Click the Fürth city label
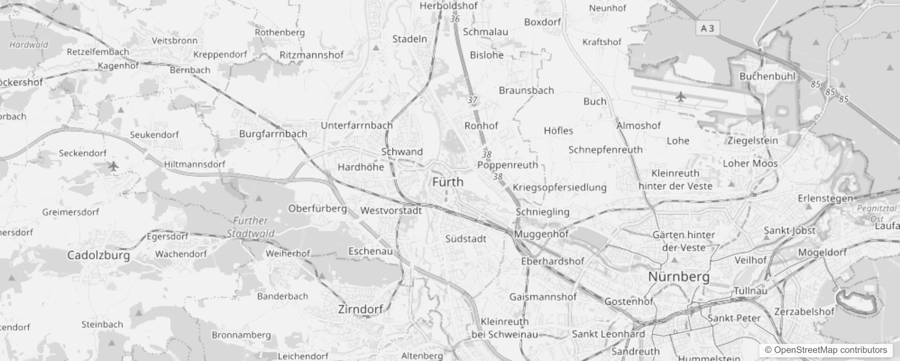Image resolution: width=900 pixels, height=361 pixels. pos(448,182)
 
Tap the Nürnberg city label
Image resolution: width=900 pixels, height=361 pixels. pos(679,277)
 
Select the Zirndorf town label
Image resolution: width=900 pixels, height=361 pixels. pos(360,309)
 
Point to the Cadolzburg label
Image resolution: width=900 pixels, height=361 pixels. pos(98,255)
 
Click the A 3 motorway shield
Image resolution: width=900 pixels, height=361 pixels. pos(707,28)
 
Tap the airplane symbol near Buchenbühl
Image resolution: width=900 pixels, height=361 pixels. pos(680,97)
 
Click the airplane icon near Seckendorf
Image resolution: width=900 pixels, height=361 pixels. pos(114,166)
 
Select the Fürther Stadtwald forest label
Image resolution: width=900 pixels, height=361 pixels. pos(251,227)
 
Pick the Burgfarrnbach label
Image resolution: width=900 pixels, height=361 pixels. pos(273,134)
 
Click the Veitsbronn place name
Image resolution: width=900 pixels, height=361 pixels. pos(174,41)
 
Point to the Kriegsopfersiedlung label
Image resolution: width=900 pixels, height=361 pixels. pos(560,187)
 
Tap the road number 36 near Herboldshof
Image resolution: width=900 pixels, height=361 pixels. pos(455,19)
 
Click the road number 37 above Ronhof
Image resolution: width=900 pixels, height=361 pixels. pos(472,100)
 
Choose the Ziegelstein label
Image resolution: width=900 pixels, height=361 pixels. pos(753,141)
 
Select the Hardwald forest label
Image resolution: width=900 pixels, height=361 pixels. pos(28,45)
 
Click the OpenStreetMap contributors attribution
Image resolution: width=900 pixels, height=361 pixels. pos(826,350)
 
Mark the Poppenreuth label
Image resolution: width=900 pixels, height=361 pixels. pos(507,165)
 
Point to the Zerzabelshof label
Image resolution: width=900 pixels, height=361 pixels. pos(804,311)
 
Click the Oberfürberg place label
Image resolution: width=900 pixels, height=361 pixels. pos(317,208)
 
